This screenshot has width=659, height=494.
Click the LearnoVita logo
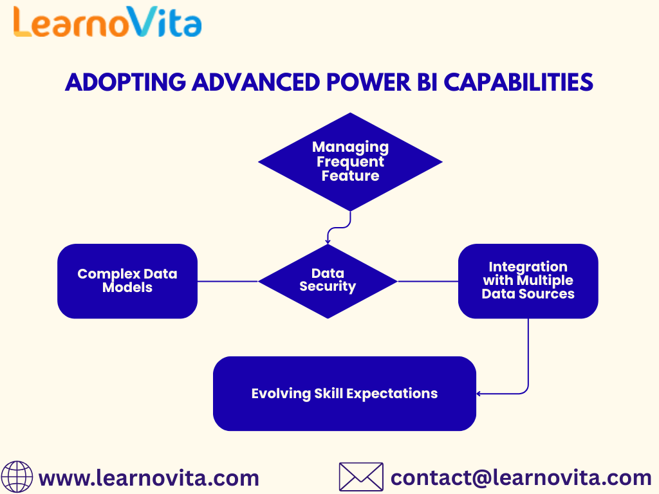click(107, 22)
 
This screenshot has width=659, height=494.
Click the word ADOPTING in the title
click(125, 82)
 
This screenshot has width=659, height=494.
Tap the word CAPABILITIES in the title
click(518, 82)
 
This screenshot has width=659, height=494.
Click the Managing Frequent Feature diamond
click(350, 161)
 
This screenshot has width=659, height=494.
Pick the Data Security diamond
click(328, 281)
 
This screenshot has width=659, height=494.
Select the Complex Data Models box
click(127, 281)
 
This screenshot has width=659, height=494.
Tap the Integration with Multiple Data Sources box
click(528, 281)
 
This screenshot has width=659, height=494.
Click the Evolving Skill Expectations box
click(345, 394)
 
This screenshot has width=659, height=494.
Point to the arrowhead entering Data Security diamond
click(328, 242)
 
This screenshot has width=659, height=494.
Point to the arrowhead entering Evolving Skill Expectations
click(479, 394)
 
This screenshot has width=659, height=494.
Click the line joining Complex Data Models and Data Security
click(228, 282)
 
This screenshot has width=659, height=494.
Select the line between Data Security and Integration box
click(428, 282)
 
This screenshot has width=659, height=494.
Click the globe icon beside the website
click(17, 477)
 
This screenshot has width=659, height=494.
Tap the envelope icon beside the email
click(361, 477)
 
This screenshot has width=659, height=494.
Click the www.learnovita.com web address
click(149, 479)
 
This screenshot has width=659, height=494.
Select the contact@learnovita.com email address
click(521, 478)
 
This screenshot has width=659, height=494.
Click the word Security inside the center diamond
click(328, 287)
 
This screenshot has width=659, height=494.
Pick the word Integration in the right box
click(528, 267)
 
